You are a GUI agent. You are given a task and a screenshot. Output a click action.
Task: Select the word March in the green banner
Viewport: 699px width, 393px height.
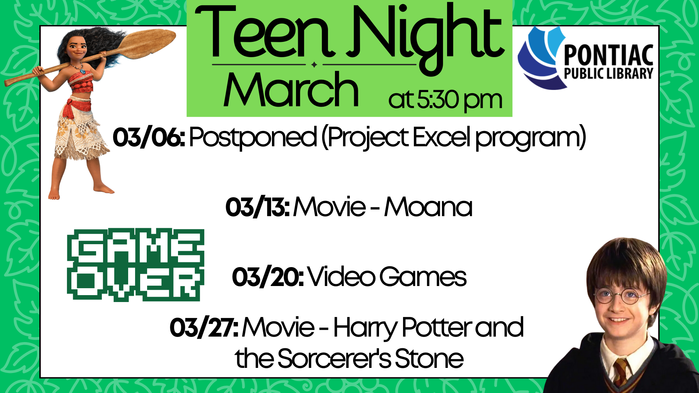[x=291, y=90]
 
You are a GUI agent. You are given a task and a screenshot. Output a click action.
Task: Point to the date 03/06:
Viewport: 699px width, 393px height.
[x=149, y=138]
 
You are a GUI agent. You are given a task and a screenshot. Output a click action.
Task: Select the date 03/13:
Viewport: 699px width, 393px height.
[x=257, y=207]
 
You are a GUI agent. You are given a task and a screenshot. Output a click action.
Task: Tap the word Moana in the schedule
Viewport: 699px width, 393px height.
[x=428, y=207]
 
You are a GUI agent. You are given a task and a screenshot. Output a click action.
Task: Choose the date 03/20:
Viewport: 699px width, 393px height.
[x=268, y=277]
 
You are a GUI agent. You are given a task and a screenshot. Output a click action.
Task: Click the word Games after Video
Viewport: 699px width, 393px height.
[x=423, y=277]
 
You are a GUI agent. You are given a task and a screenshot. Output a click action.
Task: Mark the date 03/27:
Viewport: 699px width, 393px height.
[x=204, y=327]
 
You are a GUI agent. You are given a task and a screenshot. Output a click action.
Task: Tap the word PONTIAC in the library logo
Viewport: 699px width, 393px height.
[x=608, y=55]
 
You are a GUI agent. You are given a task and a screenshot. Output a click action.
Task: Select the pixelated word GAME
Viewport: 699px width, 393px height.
[x=135, y=246]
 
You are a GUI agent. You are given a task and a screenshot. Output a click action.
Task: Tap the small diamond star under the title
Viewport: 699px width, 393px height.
[x=314, y=65]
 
